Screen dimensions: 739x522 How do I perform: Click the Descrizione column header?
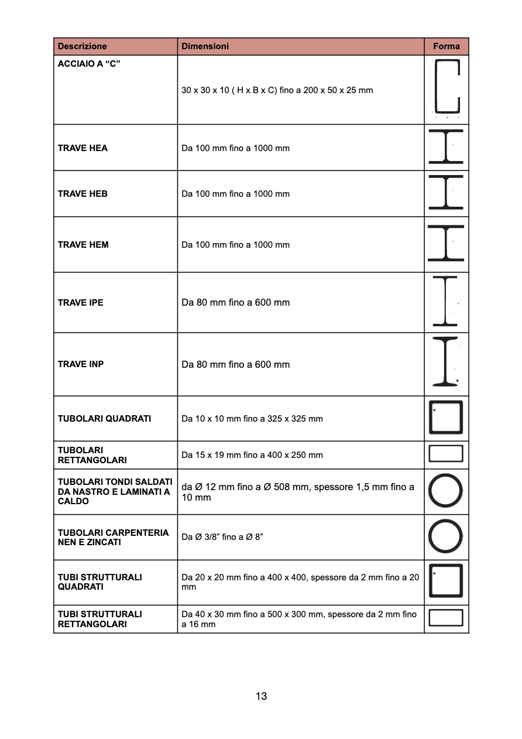(x=83, y=46)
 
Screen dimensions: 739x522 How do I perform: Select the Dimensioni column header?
(x=205, y=46)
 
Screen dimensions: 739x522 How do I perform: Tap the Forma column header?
(x=446, y=46)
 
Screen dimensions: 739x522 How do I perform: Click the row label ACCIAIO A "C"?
(x=89, y=63)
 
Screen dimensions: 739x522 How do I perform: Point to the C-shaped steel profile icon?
(x=447, y=86)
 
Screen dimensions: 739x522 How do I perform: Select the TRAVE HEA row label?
(x=83, y=148)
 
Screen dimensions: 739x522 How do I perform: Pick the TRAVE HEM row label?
(x=83, y=245)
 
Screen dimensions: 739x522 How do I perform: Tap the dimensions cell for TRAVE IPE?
(x=236, y=303)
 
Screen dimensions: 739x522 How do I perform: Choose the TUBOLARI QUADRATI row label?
(x=104, y=419)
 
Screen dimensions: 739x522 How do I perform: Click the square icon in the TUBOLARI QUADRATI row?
(x=446, y=418)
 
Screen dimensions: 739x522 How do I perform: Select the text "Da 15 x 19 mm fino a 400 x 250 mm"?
(x=252, y=455)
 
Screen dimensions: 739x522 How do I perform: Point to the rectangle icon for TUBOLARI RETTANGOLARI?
(x=446, y=454)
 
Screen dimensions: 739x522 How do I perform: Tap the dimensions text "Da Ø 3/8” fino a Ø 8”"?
(x=222, y=537)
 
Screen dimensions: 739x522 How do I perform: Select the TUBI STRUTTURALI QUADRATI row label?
(x=100, y=582)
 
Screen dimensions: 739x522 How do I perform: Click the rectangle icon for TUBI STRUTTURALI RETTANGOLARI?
(x=446, y=618)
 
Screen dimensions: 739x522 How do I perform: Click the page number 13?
(x=261, y=696)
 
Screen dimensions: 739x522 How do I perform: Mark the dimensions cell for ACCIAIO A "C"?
(x=277, y=90)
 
